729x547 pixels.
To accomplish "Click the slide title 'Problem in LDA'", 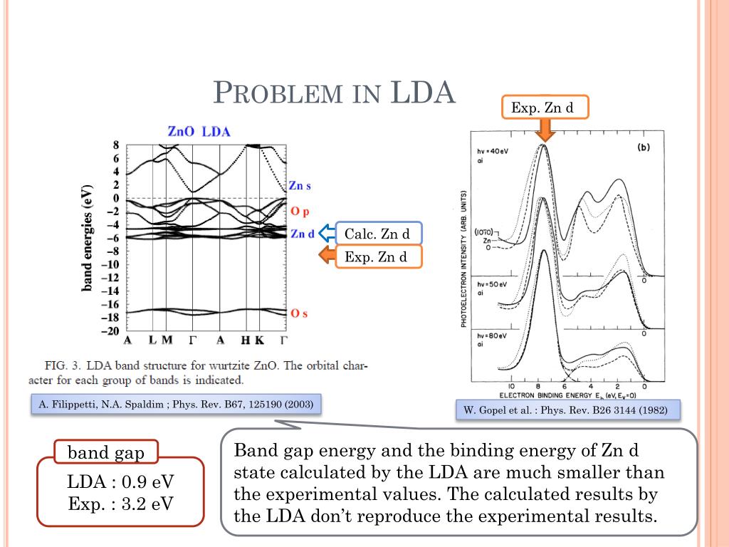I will [x=334, y=93].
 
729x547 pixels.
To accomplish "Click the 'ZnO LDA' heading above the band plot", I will [x=199, y=132].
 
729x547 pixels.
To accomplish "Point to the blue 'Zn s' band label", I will [x=300, y=186].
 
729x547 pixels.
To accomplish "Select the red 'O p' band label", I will [x=300, y=212].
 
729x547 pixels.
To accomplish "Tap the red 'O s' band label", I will [x=299, y=313].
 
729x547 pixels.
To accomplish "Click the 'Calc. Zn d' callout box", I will [x=378, y=234].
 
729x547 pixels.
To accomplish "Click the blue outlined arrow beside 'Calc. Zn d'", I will [x=327, y=233].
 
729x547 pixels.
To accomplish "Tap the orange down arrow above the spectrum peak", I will [x=545, y=130].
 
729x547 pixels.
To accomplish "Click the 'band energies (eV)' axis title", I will [x=88, y=239].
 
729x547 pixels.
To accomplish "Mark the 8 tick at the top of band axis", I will [x=116, y=146].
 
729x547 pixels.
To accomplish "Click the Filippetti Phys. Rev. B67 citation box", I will [x=176, y=404].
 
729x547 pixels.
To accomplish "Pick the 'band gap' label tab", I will [x=105, y=452].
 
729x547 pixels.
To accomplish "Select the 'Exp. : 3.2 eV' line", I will [x=120, y=504].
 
